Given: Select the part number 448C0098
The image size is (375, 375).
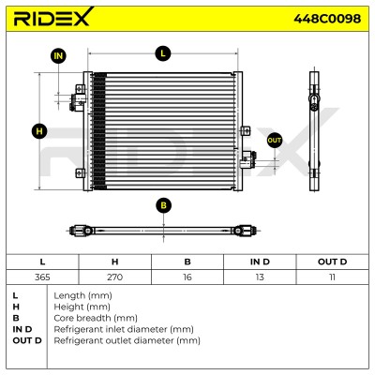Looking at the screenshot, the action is (x=327, y=19).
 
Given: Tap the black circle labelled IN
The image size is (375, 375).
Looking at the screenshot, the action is (x=58, y=56).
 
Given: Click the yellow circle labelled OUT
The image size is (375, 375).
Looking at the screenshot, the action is (x=275, y=141).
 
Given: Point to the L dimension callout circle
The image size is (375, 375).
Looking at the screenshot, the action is (x=163, y=53).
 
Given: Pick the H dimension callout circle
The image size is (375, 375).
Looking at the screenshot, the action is (x=39, y=131).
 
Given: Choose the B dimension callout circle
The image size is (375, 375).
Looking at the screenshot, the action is (x=163, y=205).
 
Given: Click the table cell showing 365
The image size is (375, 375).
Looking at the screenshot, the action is (x=42, y=277).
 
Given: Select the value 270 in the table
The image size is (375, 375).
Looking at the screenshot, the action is (x=114, y=277).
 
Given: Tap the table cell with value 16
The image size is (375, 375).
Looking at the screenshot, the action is (x=187, y=277).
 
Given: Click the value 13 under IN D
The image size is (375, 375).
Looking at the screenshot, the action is (x=260, y=277).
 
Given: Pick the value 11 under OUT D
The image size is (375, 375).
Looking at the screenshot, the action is (x=332, y=277).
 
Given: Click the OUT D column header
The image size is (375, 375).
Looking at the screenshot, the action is (x=332, y=262).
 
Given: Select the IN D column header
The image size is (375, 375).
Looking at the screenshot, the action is (x=260, y=262).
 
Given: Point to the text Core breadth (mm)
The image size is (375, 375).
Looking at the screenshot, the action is (x=96, y=318).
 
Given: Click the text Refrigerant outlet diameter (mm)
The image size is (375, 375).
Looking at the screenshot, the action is (x=127, y=340).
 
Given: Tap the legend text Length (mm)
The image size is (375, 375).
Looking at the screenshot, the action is (x=82, y=295).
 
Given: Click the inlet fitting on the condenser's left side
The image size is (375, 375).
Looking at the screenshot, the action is (x=77, y=101).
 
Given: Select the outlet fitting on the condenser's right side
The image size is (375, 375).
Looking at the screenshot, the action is (x=248, y=159).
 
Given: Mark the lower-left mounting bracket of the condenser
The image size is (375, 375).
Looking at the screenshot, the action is (x=80, y=173).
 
